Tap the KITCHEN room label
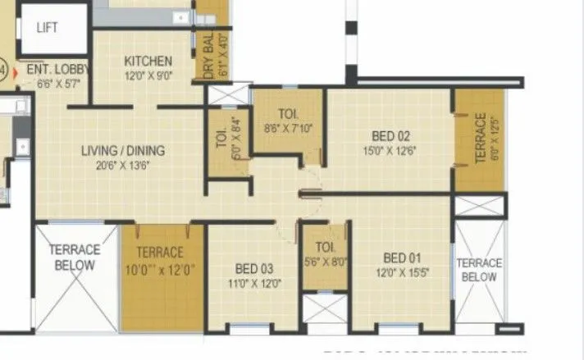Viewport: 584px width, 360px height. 148,62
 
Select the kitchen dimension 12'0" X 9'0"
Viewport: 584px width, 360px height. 148,76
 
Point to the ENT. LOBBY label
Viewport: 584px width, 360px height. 55,70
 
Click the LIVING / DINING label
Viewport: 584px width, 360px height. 123,151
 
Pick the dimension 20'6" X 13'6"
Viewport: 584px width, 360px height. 123,166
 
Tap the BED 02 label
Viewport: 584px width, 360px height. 390,135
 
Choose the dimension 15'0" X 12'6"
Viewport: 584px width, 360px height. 390,150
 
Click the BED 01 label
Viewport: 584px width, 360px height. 403,257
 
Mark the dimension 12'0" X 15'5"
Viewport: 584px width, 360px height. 403,271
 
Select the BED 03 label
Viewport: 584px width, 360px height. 254,268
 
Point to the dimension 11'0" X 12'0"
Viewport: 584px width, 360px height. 254,283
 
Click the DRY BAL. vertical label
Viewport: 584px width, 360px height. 208,57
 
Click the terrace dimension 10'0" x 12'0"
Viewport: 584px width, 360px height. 160,267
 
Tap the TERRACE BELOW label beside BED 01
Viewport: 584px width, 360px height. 479,270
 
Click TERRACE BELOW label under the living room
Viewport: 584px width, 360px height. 75,257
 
